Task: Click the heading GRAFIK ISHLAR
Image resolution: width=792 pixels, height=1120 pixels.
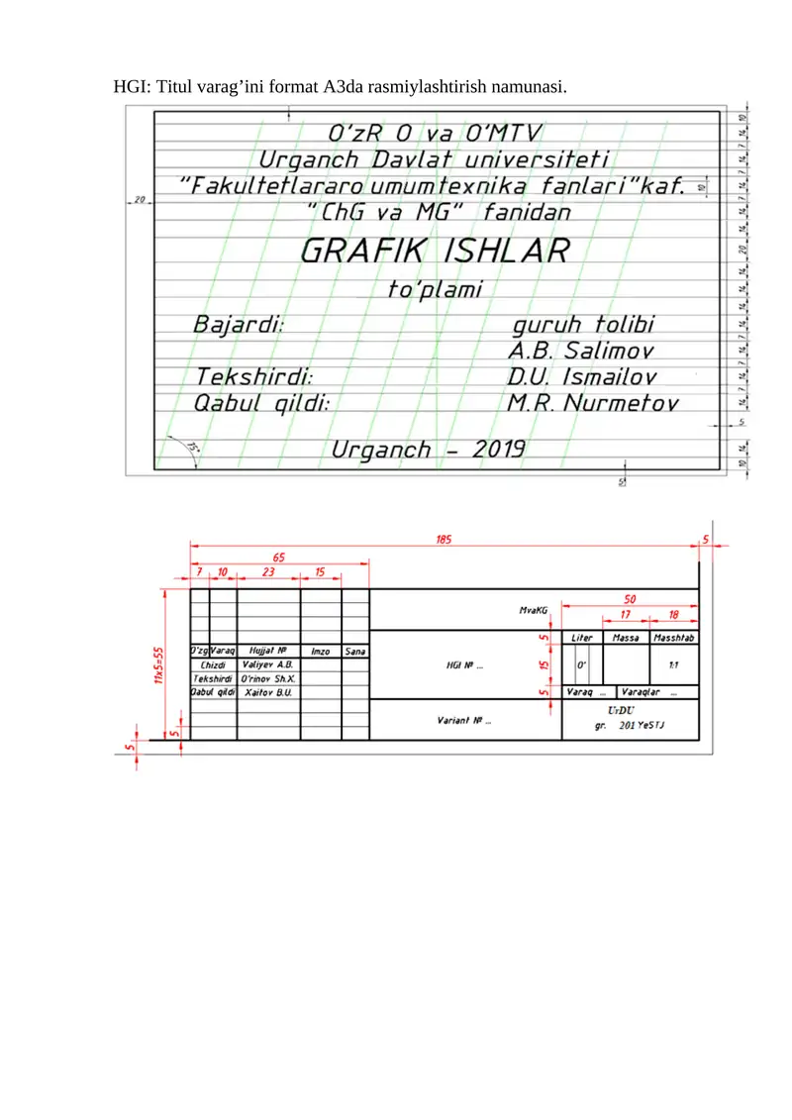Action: click(434, 252)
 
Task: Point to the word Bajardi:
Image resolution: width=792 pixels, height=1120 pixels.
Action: click(239, 324)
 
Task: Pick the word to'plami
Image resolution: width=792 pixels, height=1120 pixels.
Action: click(434, 289)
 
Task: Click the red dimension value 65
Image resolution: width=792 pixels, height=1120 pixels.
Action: click(279, 558)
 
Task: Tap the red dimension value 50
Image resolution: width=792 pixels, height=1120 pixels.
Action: click(630, 598)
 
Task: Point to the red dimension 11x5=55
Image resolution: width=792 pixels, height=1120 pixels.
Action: click(157, 669)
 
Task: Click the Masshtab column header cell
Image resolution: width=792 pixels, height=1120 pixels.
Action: click(674, 638)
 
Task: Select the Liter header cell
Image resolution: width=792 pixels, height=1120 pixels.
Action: click(582, 638)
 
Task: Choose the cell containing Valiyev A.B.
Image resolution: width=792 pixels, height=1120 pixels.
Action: click(267, 664)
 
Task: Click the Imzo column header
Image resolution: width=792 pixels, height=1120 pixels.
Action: click(320, 651)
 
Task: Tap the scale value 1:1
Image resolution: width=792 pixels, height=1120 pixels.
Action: click(673, 666)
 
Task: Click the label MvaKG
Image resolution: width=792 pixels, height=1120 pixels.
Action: click(534, 611)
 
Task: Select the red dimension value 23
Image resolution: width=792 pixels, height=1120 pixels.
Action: click(268, 572)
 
